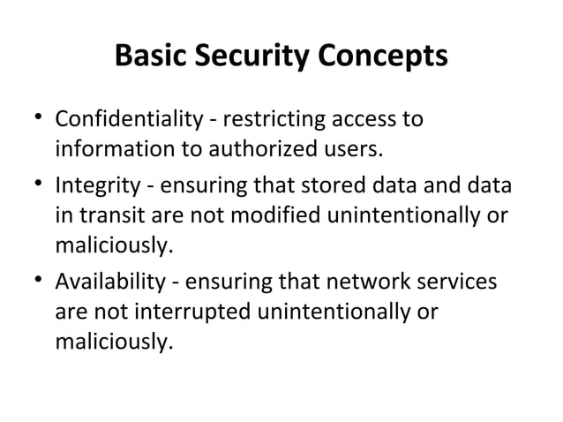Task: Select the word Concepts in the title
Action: click(384, 58)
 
